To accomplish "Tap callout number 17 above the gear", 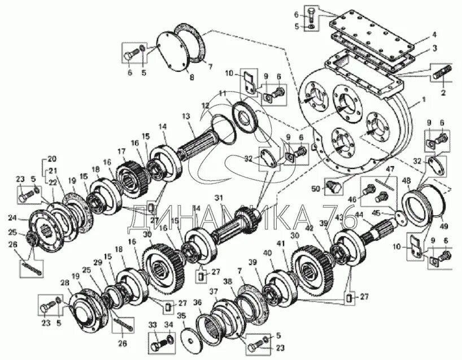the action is tap(121, 151).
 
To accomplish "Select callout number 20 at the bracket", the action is tap(53, 158).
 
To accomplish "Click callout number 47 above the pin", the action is tap(389, 169).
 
